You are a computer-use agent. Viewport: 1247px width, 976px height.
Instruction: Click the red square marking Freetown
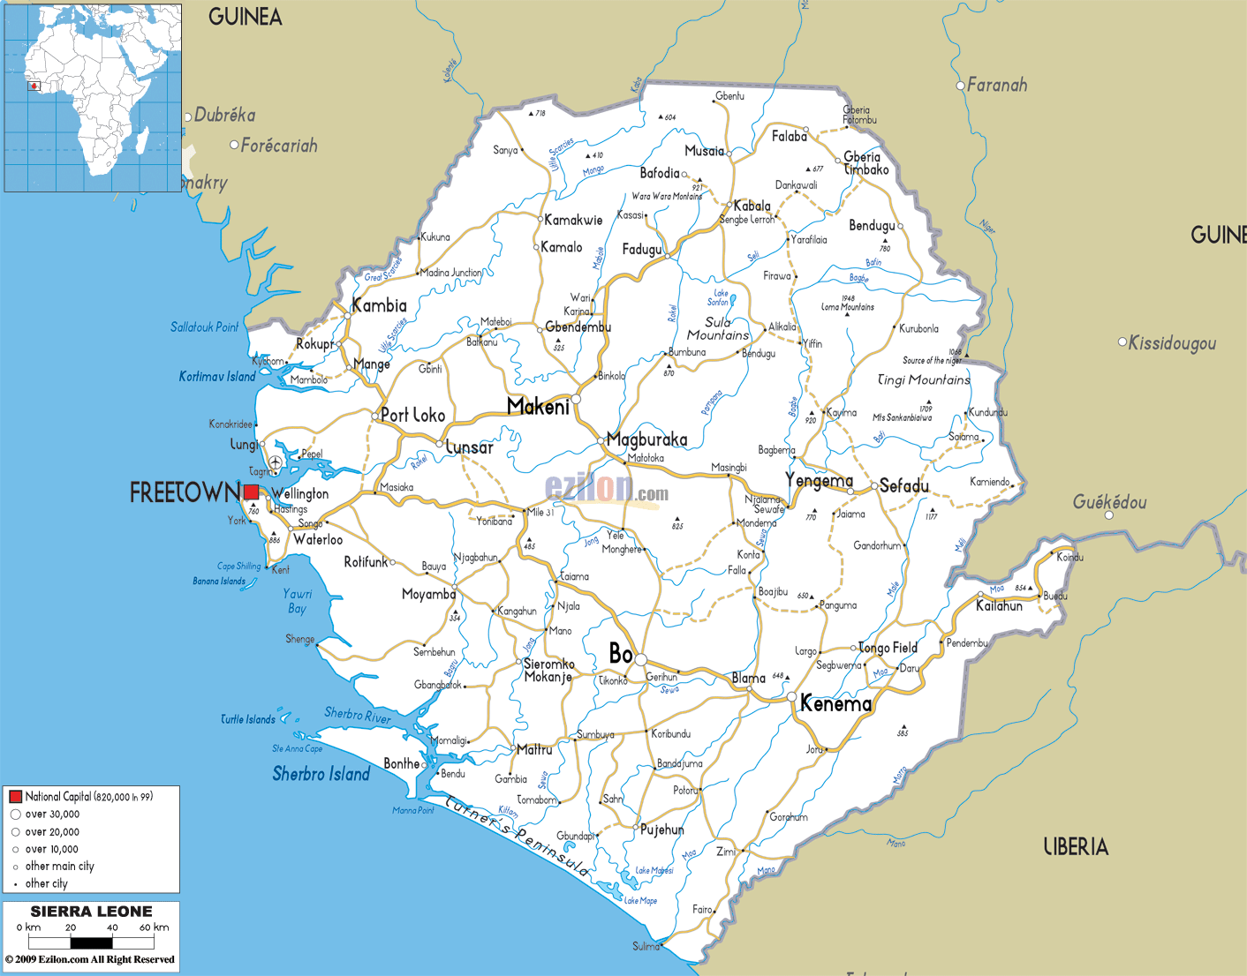(252, 492)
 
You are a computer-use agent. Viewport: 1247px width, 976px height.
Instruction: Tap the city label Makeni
(538, 407)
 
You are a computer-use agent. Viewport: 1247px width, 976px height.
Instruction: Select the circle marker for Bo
(640, 660)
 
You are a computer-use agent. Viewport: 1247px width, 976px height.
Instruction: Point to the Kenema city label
(835, 703)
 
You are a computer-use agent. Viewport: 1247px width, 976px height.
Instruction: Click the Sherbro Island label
(321, 774)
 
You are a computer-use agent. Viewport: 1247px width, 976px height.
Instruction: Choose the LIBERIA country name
(1075, 847)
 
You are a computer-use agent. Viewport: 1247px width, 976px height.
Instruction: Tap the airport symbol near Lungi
(276, 462)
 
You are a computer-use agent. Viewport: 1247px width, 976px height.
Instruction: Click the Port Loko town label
(412, 415)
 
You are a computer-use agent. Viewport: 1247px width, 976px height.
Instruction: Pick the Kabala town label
(752, 206)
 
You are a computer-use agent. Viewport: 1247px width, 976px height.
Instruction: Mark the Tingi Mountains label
(923, 379)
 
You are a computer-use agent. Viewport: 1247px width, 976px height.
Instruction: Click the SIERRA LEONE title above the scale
(91, 912)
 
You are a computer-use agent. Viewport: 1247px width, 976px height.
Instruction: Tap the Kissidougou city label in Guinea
(1172, 343)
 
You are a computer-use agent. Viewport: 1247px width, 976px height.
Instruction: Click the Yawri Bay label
(299, 601)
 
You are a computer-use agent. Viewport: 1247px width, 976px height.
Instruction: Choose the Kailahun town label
(999, 605)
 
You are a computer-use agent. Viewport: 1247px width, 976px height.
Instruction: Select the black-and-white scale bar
(91, 942)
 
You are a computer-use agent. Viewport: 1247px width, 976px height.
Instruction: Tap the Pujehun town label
(661, 830)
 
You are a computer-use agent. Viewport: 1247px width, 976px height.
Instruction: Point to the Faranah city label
(996, 86)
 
